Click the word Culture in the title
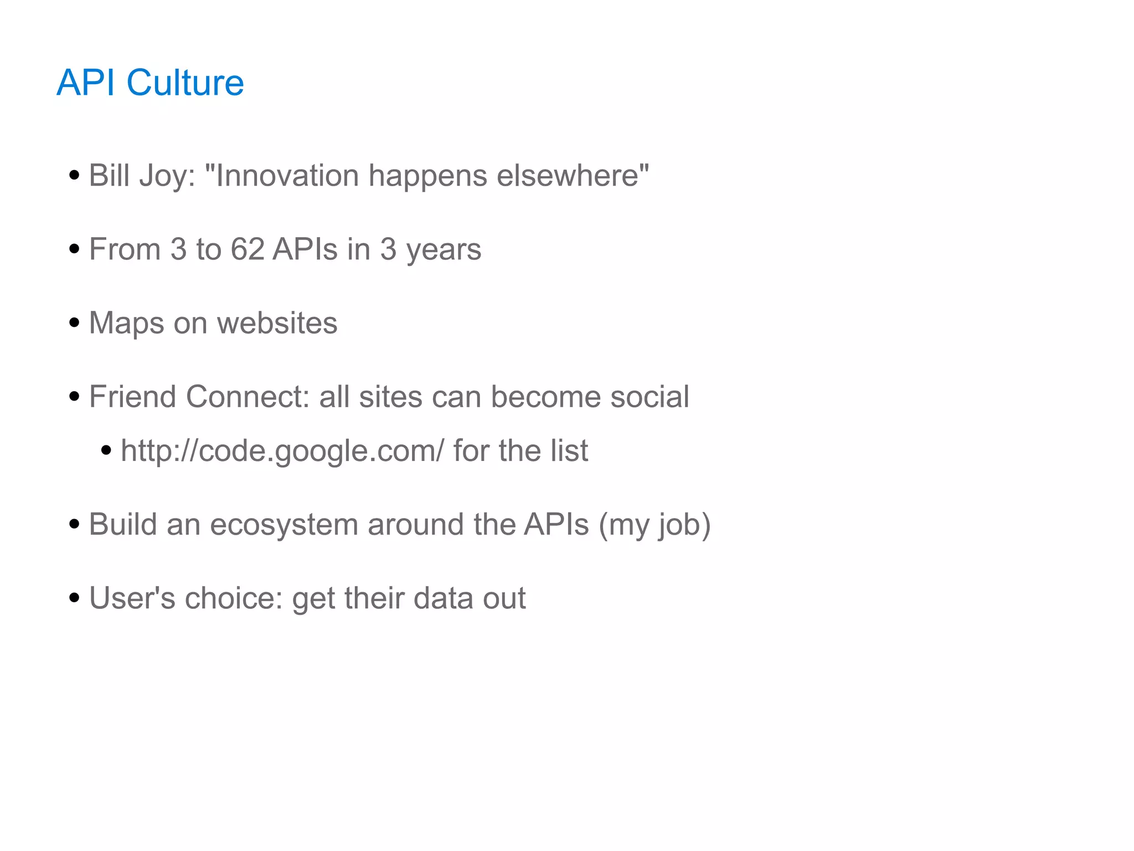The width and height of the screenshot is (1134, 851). tap(185, 83)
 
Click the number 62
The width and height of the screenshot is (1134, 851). tap(248, 249)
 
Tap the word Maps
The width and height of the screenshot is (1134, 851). tap(126, 324)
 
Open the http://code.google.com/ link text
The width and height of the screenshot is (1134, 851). tap(282, 450)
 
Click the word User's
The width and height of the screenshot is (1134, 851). tap(132, 598)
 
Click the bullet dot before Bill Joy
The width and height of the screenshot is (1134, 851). tap(74, 176)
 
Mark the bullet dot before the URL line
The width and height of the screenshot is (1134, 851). tap(106, 450)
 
